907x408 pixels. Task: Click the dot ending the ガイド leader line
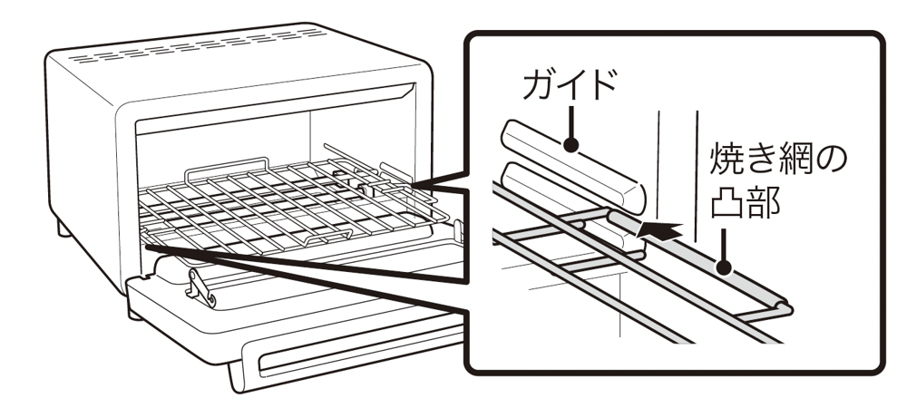[x=571, y=144]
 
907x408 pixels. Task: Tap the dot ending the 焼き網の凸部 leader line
[x=724, y=268]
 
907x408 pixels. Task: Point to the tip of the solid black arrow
[x=637, y=237]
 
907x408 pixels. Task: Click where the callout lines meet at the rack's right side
[x=414, y=186]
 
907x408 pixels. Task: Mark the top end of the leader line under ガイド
[x=571, y=106]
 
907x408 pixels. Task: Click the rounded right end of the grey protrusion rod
[x=785, y=306]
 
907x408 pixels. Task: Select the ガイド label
[x=569, y=85]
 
